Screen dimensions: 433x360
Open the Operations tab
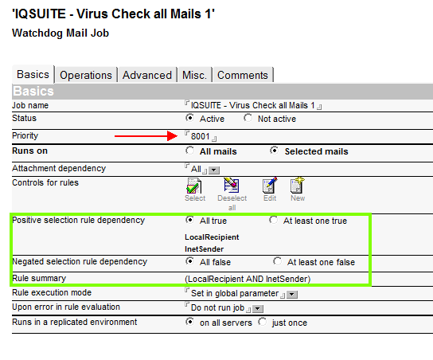[x=86, y=75]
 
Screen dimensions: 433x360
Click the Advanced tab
[x=147, y=75]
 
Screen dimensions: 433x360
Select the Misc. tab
[x=195, y=75]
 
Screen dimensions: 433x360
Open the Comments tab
[x=243, y=75]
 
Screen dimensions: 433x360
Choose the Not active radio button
[x=248, y=118]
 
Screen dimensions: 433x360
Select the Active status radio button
[x=189, y=118]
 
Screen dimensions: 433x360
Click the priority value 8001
[x=201, y=136]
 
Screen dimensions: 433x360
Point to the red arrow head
[x=172, y=136]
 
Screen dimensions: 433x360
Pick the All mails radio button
[x=189, y=151]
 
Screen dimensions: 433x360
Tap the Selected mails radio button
[x=275, y=151]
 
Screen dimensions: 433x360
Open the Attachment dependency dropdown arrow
[x=214, y=170]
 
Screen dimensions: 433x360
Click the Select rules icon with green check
[x=194, y=186]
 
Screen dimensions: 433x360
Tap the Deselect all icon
[x=232, y=185]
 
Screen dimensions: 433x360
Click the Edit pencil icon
[x=270, y=185]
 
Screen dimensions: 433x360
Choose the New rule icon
[x=298, y=185]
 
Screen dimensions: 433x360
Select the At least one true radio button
[x=273, y=220]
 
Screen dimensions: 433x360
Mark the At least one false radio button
[x=277, y=261]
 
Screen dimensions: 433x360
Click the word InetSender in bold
[x=204, y=249]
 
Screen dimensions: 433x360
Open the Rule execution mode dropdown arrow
[x=292, y=295]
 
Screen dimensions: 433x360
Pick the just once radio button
[x=263, y=322]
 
